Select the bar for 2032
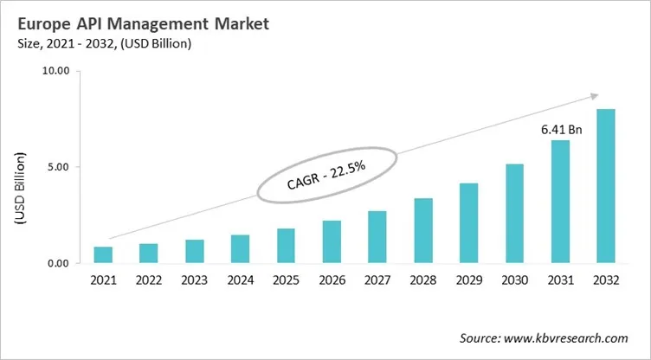pos(606,186)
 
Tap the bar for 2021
pos(104,254)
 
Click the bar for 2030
pos(514,213)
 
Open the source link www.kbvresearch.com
pos(570,337)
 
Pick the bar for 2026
pos(332,241)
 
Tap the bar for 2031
pos(560,202)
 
